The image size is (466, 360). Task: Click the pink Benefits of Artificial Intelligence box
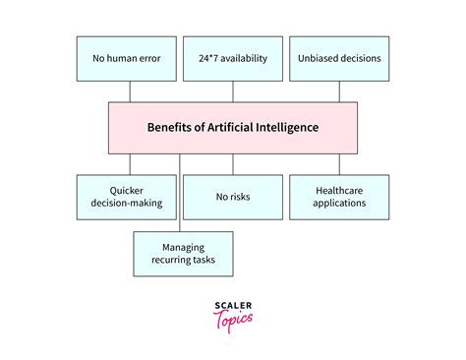tap(233, 127)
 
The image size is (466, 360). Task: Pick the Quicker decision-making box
tap(130, 196)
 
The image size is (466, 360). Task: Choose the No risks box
tap(233, 196)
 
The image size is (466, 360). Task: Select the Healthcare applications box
tap(339, 196)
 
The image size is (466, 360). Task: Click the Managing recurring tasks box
tap(183, 253)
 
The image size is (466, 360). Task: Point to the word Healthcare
tap(340, 189)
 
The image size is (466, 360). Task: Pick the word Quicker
tap(130, 189)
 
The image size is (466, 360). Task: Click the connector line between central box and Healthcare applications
tap(339, 163)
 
